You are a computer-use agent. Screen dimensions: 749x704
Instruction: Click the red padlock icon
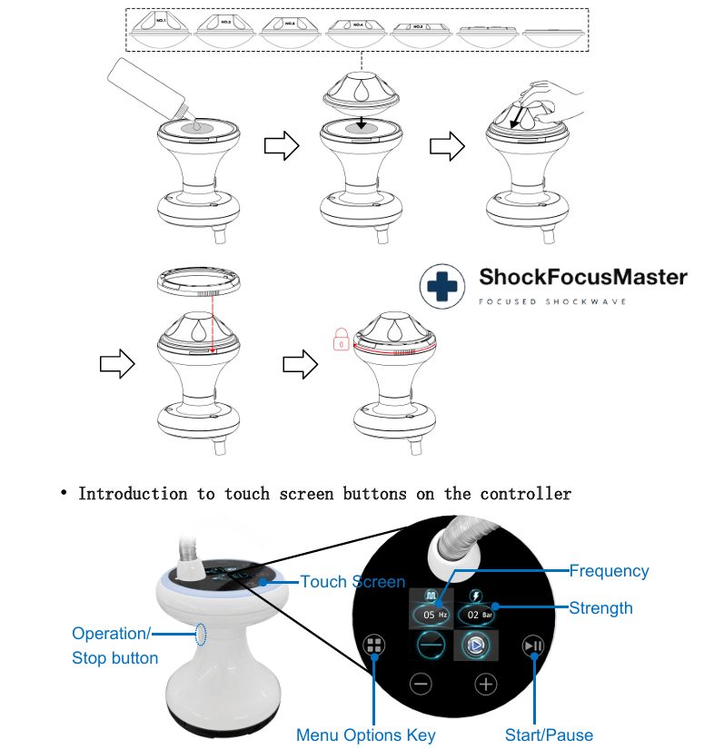tap(339, 340)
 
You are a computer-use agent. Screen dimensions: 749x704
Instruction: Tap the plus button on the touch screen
tap(486, 684)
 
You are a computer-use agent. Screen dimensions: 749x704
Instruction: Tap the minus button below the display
tap(421, 684)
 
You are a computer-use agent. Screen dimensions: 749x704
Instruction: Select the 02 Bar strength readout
tap(477, 615)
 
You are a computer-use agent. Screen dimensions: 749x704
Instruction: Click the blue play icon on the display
tap(472, 646)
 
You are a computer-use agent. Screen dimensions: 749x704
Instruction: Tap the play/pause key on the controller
tap(533, 646)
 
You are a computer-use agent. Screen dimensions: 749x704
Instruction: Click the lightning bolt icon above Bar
tap(475, 595)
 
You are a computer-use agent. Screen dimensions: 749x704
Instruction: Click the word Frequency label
tap(609, 571)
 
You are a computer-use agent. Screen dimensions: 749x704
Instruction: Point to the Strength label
tap(600, 607)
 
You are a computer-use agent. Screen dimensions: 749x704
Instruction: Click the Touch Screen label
tap(352, 581)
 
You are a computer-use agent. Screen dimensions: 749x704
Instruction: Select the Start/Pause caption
tap(549, 734)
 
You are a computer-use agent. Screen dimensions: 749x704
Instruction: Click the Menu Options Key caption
tap(365, 734)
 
